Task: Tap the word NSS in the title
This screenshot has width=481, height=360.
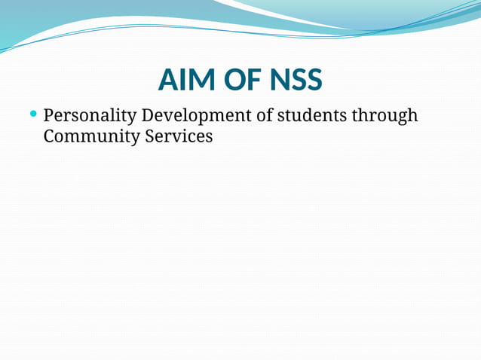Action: (295, 80)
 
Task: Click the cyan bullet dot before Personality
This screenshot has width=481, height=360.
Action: (32, 114)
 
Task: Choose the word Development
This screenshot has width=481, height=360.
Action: (195, 116)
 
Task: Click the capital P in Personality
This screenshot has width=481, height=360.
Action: (49, 116)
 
